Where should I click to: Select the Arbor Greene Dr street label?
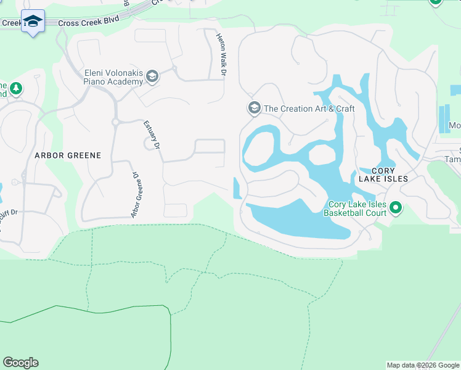pos(134,195)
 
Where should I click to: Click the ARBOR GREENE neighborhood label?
pos(68,155)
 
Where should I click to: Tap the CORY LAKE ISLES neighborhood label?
pos(382,174)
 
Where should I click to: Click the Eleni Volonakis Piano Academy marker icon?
pos(152,77)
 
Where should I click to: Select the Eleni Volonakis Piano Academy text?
pos(113,76)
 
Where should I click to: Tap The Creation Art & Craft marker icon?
pos(253,109)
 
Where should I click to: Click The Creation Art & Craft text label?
pos(309,109)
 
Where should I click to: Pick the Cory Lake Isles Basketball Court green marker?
pos(396,209)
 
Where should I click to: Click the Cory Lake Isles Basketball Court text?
pos(357,209)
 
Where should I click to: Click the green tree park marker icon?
pos(15,89)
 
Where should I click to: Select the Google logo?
pos(20,363)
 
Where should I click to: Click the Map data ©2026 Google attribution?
pos(423,365)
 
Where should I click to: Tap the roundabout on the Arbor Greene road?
pos(115,122)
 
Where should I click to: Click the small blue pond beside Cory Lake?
pos(237,189)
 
